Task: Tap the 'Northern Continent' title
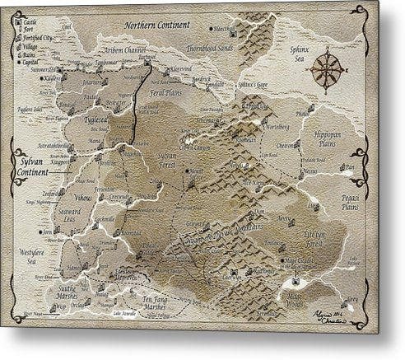pyautogui.click(x=156, y=25)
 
